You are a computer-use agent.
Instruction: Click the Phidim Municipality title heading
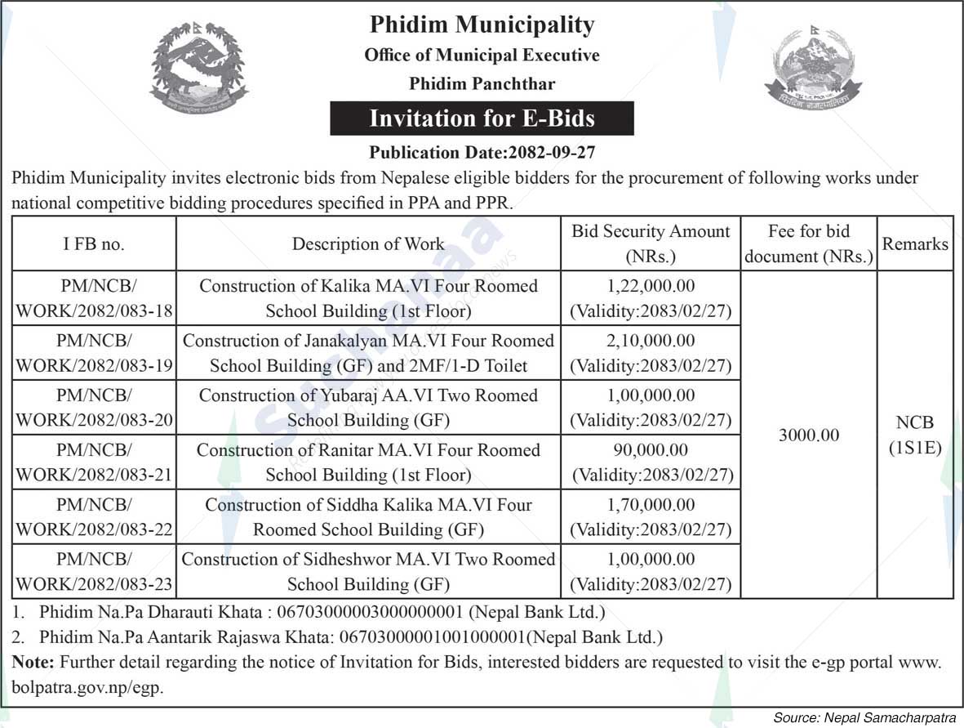482,25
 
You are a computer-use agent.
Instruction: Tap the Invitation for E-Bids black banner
482,118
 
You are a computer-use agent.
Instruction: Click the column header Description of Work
368,243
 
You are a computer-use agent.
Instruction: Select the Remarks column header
915,243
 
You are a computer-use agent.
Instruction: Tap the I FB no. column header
94,243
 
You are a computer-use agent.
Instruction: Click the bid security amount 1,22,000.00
650,286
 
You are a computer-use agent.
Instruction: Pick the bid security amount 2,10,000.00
650,341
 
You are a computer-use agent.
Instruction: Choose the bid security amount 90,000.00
650,450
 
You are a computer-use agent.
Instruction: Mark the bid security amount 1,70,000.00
650,505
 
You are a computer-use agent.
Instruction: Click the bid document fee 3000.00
808,435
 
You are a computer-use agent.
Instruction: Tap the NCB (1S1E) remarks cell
915,435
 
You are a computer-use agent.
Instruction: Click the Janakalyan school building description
368,353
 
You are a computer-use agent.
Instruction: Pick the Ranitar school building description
368,462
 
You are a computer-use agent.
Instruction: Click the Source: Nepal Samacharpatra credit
864,717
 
